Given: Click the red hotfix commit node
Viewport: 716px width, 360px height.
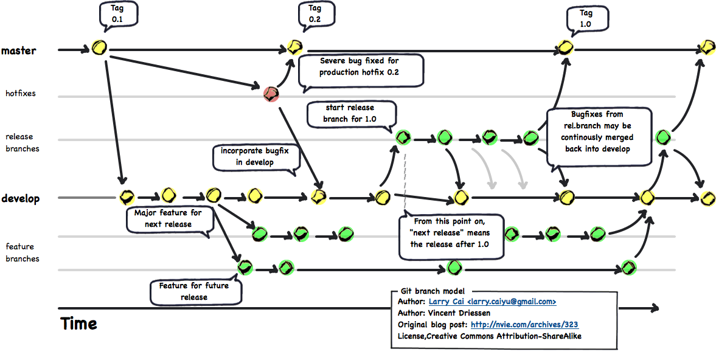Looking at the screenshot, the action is (x=271, y=94).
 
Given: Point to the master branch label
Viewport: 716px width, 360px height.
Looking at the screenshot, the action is (x=18, y=50).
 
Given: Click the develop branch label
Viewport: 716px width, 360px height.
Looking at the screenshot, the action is (x=20, y=199).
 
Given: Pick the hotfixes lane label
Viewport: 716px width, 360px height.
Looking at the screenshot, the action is (x=20, y=94).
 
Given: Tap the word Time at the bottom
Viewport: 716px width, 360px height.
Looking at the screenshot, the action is (x=78, y=324).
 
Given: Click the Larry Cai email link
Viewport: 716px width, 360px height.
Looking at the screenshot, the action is (x=492, y=302).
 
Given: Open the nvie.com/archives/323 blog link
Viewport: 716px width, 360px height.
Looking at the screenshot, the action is (x=524, y=325).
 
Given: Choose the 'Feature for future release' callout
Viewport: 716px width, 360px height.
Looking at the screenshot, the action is (x=195, y=292).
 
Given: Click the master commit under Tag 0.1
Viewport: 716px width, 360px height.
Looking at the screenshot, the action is (x=99, y=47).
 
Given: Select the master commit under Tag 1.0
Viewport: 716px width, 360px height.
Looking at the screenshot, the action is (x=566, y=47).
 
